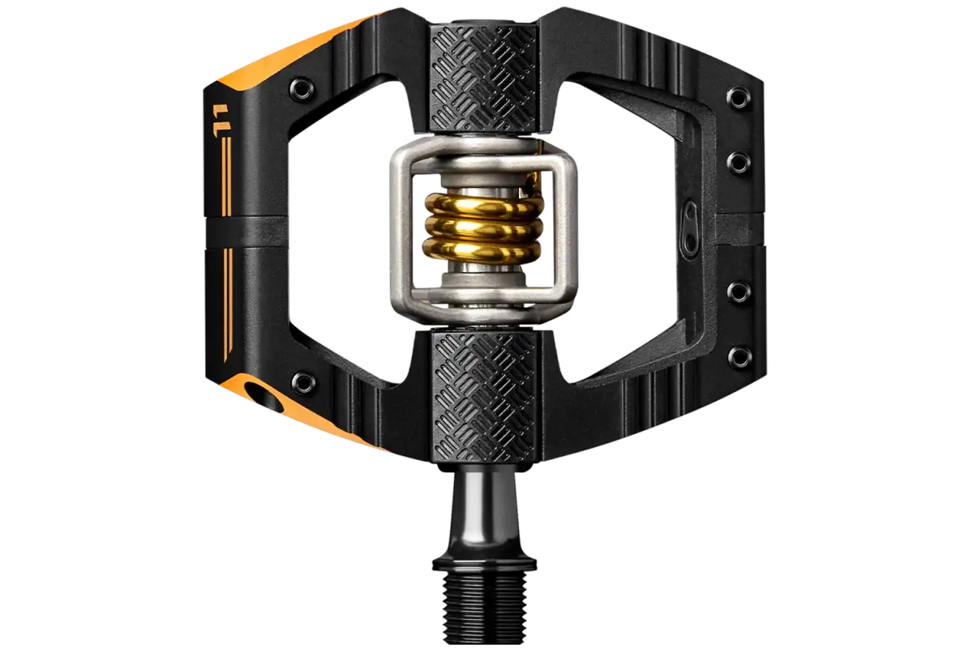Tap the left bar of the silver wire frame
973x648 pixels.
(x=401, y=231)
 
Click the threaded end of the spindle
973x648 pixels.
(x=484, y=607)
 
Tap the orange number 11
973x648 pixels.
(x=221, y=120)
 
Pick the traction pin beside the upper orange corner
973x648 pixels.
(x=302, y=89)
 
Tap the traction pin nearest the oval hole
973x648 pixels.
(x=302, y=382)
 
